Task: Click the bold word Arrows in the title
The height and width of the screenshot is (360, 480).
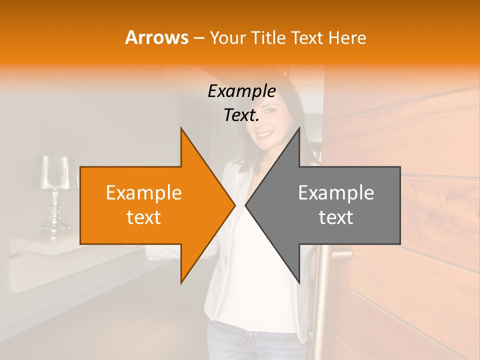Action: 157,37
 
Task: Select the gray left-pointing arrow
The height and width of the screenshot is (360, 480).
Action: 335,205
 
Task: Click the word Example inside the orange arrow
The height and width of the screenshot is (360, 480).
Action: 144,192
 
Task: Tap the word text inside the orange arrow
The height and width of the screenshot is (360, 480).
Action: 144,217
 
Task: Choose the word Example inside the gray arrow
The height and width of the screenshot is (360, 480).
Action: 336,192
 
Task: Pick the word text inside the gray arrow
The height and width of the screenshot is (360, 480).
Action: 336,217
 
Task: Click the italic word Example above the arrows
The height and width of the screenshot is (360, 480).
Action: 241,91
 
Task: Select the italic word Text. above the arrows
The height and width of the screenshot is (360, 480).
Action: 241,115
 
